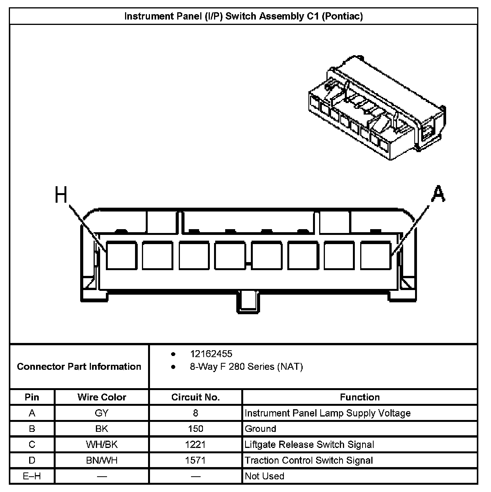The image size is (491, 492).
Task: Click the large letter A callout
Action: (438, 194)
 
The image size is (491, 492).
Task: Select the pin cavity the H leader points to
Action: (121, 255)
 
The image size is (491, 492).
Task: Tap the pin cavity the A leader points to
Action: (376, 255)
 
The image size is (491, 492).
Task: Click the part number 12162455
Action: (211, 354)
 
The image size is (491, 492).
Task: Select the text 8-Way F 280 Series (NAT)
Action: (246, 367)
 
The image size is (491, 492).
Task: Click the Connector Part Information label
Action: (79, 366)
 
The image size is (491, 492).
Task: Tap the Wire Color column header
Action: (102, 397)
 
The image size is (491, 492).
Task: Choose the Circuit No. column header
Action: (196, 397)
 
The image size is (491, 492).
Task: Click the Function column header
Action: (360, 397)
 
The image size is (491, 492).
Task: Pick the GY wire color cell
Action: (102, 413)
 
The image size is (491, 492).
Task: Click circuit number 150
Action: (196, 429)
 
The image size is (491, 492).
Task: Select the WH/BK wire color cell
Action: (102, 444)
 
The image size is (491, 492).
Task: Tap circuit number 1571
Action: (196, 460)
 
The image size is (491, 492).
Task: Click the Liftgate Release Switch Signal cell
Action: (309, 444)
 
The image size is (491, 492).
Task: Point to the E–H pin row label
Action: (32, 476)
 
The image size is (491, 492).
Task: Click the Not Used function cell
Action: (265, 476)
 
